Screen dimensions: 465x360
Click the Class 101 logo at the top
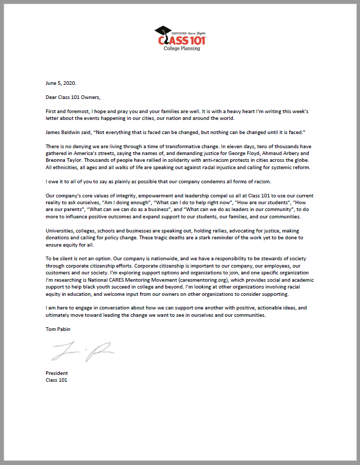tap(181, 38)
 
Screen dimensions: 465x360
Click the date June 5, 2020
tap(61, 83)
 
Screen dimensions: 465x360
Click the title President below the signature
tap(57, 373)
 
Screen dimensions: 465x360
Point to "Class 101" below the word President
tap(57, 380)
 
